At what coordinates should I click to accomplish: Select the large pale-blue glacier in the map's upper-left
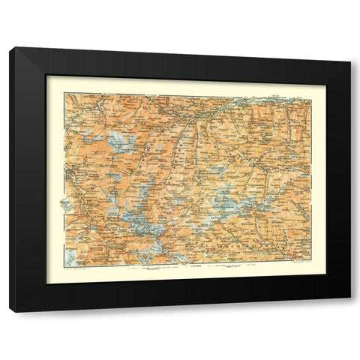[118, 140]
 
